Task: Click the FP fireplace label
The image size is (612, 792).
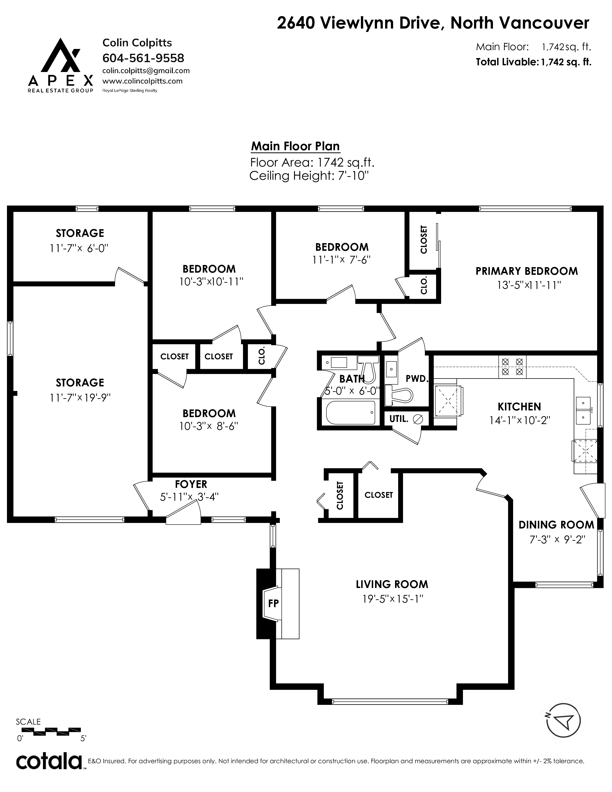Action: (273, 603)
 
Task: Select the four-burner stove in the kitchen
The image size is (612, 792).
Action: (512, 367)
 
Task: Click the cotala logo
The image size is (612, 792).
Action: (49, 766)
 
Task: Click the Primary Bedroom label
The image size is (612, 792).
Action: (526, 271)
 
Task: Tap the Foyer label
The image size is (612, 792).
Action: (191, 484)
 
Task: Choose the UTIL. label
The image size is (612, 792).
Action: (399, 419)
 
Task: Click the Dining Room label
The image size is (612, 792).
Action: (556, 525)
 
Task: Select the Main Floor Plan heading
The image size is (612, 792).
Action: (295, 146)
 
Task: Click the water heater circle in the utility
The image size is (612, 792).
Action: (418, 419)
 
